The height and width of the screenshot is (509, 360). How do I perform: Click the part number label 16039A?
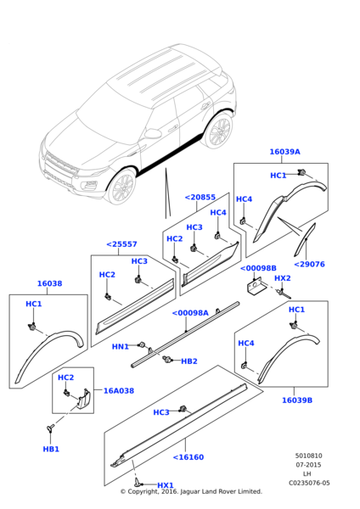click(x=284, y=152)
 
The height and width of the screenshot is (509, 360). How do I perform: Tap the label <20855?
click(x=200, y=197)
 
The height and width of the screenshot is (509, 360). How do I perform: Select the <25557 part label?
click(x=121, y=244)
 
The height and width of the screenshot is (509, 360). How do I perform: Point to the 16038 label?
click(x=49, y=283)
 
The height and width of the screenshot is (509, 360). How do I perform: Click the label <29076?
click(x=309, y=264)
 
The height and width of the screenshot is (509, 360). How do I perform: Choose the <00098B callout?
click(x=258, y=268)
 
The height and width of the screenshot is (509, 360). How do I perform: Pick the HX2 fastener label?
click(x=283, y=278)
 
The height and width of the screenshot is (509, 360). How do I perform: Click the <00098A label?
click(x=190, y=313)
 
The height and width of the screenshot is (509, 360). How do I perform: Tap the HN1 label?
click(x=121, y=347)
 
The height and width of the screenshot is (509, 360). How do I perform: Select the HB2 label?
click(x=189, y=361)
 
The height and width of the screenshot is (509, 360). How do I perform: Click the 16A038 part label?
click(x=119, y=390)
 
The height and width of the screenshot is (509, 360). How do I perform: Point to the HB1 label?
click(x=51, y=450)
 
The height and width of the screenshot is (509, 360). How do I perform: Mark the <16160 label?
click(x=188, y=457)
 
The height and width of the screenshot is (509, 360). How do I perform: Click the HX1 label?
click(x=166, y=485)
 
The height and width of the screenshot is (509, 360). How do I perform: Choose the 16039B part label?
click(x=297, y=400)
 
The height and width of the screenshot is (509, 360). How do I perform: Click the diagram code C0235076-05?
click(x=309, y=483)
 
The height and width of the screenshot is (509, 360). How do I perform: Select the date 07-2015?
click(x=308, y=465)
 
